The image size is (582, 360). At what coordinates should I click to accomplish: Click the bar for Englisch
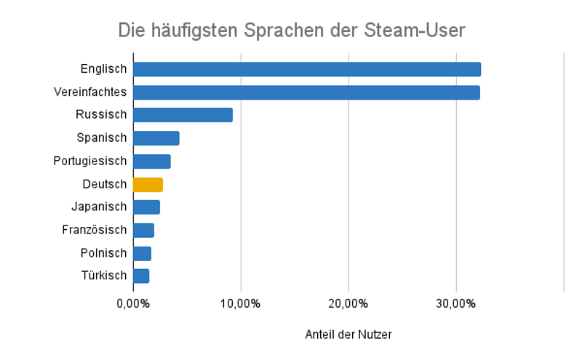point(306,69)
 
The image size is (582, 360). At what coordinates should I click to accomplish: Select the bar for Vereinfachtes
point(306,92)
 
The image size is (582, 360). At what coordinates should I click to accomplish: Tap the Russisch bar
point(183,115)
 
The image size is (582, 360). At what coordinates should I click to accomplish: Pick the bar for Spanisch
point(156,138)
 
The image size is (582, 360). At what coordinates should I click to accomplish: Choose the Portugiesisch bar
point(151,161)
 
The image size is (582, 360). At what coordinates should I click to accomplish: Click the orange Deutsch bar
point(148,184)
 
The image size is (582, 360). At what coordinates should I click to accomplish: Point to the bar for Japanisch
point(146,207)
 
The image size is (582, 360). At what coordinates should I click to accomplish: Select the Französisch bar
point(143,231)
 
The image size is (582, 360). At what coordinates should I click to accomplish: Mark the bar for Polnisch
point(142,253)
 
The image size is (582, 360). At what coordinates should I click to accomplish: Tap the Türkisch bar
point(141,276)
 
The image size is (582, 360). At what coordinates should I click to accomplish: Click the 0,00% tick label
point(133,303)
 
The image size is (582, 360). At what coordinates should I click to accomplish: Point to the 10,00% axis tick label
point(241,303)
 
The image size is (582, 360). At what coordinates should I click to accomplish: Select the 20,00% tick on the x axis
point(348,303)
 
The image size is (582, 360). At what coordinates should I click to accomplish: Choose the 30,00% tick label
point(456,303)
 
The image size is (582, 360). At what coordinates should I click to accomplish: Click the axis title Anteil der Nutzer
point(348,335)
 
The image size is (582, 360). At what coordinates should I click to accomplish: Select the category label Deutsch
point(105,184)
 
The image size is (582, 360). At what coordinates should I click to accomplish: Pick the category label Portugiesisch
point(90,161)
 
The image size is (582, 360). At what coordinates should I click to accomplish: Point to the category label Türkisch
point(103,276)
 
